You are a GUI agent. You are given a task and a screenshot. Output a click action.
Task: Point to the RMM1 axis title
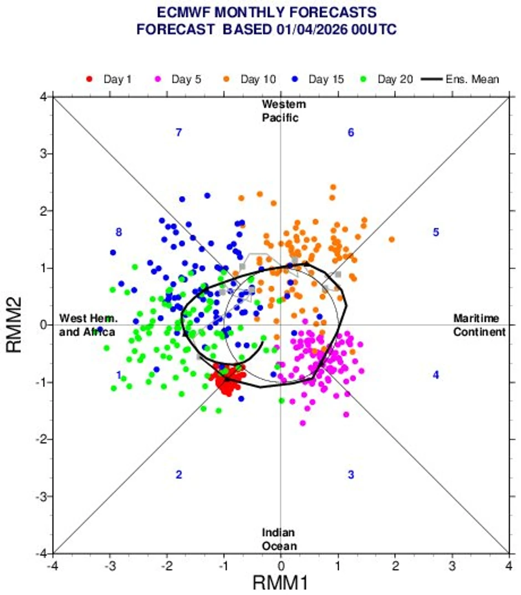280,582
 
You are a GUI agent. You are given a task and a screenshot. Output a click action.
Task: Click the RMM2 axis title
16,325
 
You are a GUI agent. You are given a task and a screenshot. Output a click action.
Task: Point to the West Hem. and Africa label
87,325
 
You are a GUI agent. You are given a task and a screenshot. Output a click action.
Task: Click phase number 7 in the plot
178,132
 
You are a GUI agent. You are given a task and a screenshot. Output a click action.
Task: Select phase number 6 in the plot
351,132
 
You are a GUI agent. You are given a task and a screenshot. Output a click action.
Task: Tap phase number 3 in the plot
351,475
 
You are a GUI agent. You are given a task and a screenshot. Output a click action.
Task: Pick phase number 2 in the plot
178,475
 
